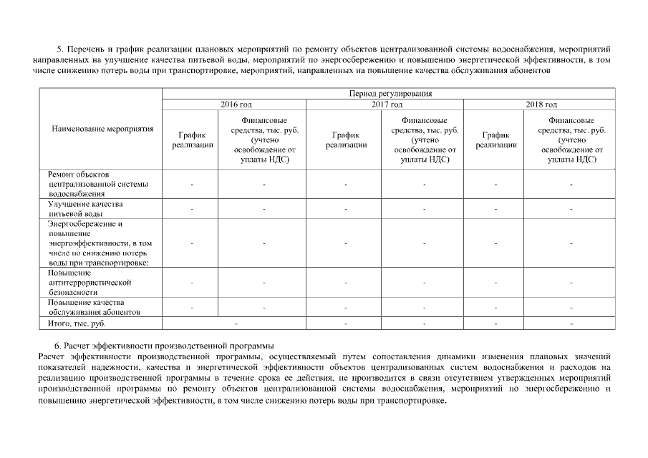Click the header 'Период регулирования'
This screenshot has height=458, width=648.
(390, 94)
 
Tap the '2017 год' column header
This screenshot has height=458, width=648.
(386, 104)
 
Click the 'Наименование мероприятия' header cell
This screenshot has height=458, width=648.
(102, 130)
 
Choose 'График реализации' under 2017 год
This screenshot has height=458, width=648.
(346, 140)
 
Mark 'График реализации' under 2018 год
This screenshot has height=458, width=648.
(496, 140)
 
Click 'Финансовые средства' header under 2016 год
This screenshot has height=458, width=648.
(264, 140)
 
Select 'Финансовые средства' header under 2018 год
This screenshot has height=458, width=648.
(571, 140)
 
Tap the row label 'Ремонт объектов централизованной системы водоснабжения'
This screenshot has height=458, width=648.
(97, 184)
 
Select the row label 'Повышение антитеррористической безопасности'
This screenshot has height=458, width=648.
(90, 283)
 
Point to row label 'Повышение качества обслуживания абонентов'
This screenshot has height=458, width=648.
(93, 308)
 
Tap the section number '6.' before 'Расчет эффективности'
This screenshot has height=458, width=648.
(59, 346)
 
